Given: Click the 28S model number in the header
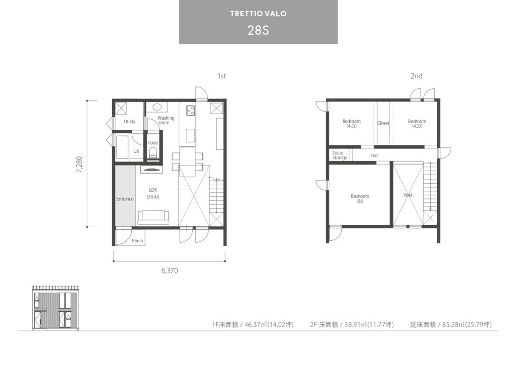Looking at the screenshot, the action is click(258, 30).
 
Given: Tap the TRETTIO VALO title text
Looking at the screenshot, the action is click(258, 14).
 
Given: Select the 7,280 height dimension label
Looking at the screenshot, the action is click(79, 164).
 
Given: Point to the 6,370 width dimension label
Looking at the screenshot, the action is click(170, 271).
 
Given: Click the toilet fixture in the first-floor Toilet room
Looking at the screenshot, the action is click(153, 152).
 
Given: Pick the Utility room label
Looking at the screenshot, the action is click(130, 122).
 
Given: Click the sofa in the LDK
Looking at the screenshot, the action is click(153, 217).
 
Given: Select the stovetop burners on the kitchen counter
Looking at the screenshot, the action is click(191, 111).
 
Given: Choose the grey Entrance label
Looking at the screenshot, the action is click(125, 199).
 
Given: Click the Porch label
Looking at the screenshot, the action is click(137, 241).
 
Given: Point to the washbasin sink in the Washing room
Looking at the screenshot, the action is click(157, 107).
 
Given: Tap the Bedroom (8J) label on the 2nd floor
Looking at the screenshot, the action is click(360, 198).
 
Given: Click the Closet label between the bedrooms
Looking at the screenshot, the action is click(383, 123).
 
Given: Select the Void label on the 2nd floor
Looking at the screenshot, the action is click(407, 195).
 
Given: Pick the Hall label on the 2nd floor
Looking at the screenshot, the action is click(375, 155).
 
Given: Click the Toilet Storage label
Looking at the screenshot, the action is click(340, 155).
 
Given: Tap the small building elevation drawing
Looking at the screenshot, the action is click(56, 307).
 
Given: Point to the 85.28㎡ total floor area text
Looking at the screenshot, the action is click(451, 325).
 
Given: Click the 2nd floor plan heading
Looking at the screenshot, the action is click(417, 76).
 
